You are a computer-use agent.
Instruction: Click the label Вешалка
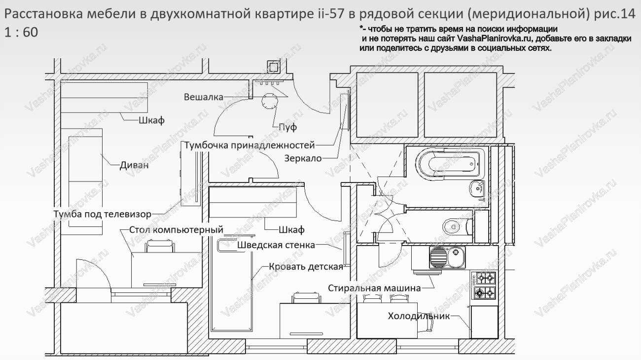203,97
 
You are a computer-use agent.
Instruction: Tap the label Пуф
287,127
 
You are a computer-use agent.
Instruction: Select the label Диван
134,166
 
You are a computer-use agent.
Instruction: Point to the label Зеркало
303,158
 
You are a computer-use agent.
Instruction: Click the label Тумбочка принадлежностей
249,145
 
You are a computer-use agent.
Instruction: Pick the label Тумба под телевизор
102,214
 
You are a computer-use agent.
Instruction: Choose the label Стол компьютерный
176,230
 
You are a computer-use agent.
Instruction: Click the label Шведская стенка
276,245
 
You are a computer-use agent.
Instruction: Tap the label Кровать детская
306,267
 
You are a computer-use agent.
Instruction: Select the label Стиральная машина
375,288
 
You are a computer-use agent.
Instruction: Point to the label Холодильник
419,316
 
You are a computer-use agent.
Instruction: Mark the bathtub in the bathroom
447,163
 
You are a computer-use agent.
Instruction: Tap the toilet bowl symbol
452,227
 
